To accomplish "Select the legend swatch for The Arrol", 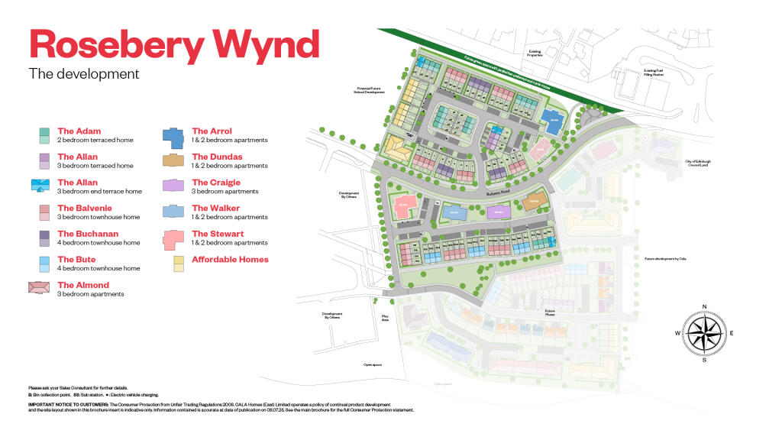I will coord(173,137).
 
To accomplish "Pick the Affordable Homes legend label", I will coord(230,260).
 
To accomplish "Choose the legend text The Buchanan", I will coord(88,234).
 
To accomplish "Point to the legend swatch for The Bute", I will coord(44,264).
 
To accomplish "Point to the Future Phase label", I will coord(549,312).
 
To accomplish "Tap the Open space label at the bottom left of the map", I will coord(373,365).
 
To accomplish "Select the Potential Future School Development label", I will coord(369,90).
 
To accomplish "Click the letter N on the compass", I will coord(703,306).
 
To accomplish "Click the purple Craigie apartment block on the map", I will coord(498,211).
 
